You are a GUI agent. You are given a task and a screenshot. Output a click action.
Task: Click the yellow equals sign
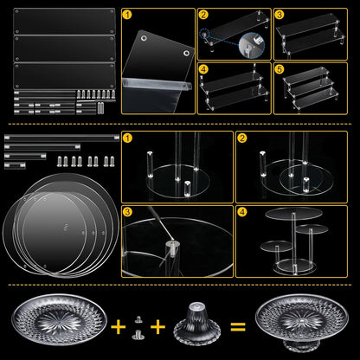(x=238, y=327)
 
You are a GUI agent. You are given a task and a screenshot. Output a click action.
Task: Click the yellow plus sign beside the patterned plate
(x=119, y=327)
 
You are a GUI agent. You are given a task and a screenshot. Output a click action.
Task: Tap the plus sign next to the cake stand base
(x=157, y=327)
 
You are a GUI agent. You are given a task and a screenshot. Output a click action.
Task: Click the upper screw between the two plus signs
(x=138, y=319)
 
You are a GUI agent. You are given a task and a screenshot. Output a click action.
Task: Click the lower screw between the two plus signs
(x=138, y=335)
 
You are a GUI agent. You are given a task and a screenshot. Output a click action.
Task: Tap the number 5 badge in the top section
(x=280, y=69)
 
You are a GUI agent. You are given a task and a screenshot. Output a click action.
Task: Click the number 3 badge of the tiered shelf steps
(x=280, y=15)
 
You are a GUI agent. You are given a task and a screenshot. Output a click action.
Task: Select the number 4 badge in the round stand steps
(x=241, y=212)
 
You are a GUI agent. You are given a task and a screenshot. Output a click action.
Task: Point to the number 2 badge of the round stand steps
(x=241, y=138)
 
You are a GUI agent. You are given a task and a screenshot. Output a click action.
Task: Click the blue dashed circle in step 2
(x=204, y=35)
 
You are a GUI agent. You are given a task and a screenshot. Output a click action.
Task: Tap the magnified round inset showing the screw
(x=252, y=44)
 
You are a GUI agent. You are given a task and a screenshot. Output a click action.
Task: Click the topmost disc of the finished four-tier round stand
(x=293, y=214)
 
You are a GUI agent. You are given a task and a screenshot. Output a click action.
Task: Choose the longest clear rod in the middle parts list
(x=61, y=138)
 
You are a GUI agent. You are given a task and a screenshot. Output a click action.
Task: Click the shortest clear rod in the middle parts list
(x=15, y=165)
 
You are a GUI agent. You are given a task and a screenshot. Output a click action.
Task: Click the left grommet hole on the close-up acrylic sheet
(x=144, y=38)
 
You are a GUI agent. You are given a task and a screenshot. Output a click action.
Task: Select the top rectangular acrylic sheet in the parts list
(x=64, y=22)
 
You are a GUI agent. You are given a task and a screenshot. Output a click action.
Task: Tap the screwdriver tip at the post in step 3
(x=172, y=239)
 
